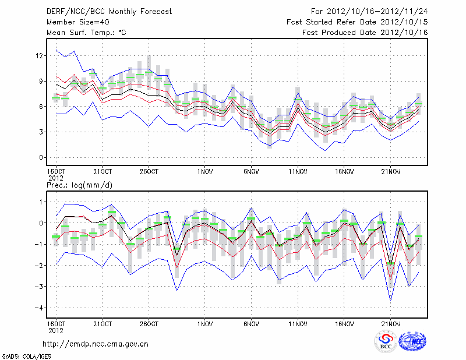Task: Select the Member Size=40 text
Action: pos(74,22)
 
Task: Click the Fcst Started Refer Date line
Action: pos(357,22)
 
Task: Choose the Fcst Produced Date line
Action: pos(365,33)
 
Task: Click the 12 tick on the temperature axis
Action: pos(40,56)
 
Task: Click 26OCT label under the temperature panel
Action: pos(149,172)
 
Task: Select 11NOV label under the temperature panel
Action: pos(298,172)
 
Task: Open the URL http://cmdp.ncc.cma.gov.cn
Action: pos(96,344)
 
